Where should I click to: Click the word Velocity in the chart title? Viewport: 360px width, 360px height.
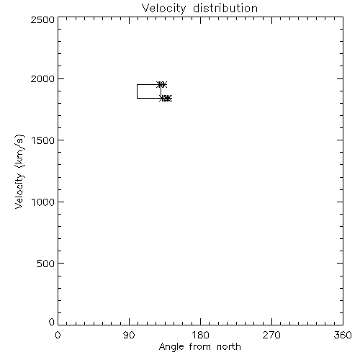point(163,9)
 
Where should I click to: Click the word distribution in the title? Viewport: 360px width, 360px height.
point(225,8)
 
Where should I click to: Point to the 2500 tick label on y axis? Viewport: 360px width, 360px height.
point(42,19)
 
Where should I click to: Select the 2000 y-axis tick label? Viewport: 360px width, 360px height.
point(42,78)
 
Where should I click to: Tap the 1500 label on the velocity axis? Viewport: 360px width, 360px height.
point(43,140)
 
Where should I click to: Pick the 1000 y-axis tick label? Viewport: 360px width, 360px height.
point(43,202)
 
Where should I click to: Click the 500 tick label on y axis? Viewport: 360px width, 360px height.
point(46,264)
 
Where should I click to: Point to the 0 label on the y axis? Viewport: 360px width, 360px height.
point(52,322)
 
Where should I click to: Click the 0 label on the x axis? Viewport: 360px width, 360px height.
point(58,335)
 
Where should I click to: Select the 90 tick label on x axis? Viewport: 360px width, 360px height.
point(129,335)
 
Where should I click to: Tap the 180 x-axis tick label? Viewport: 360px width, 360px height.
point(200,335)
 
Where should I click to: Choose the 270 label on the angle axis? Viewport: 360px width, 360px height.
point(271,335)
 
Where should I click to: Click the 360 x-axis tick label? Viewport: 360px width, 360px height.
point(343,335)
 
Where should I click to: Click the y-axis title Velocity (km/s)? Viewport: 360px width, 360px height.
point(19,171)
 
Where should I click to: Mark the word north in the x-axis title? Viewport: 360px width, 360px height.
point(229,347)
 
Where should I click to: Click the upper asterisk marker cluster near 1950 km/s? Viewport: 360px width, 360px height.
point(162,84)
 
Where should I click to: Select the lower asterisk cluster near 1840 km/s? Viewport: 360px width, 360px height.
point(166,98)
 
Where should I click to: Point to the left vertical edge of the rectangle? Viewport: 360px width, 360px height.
point(137,91)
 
